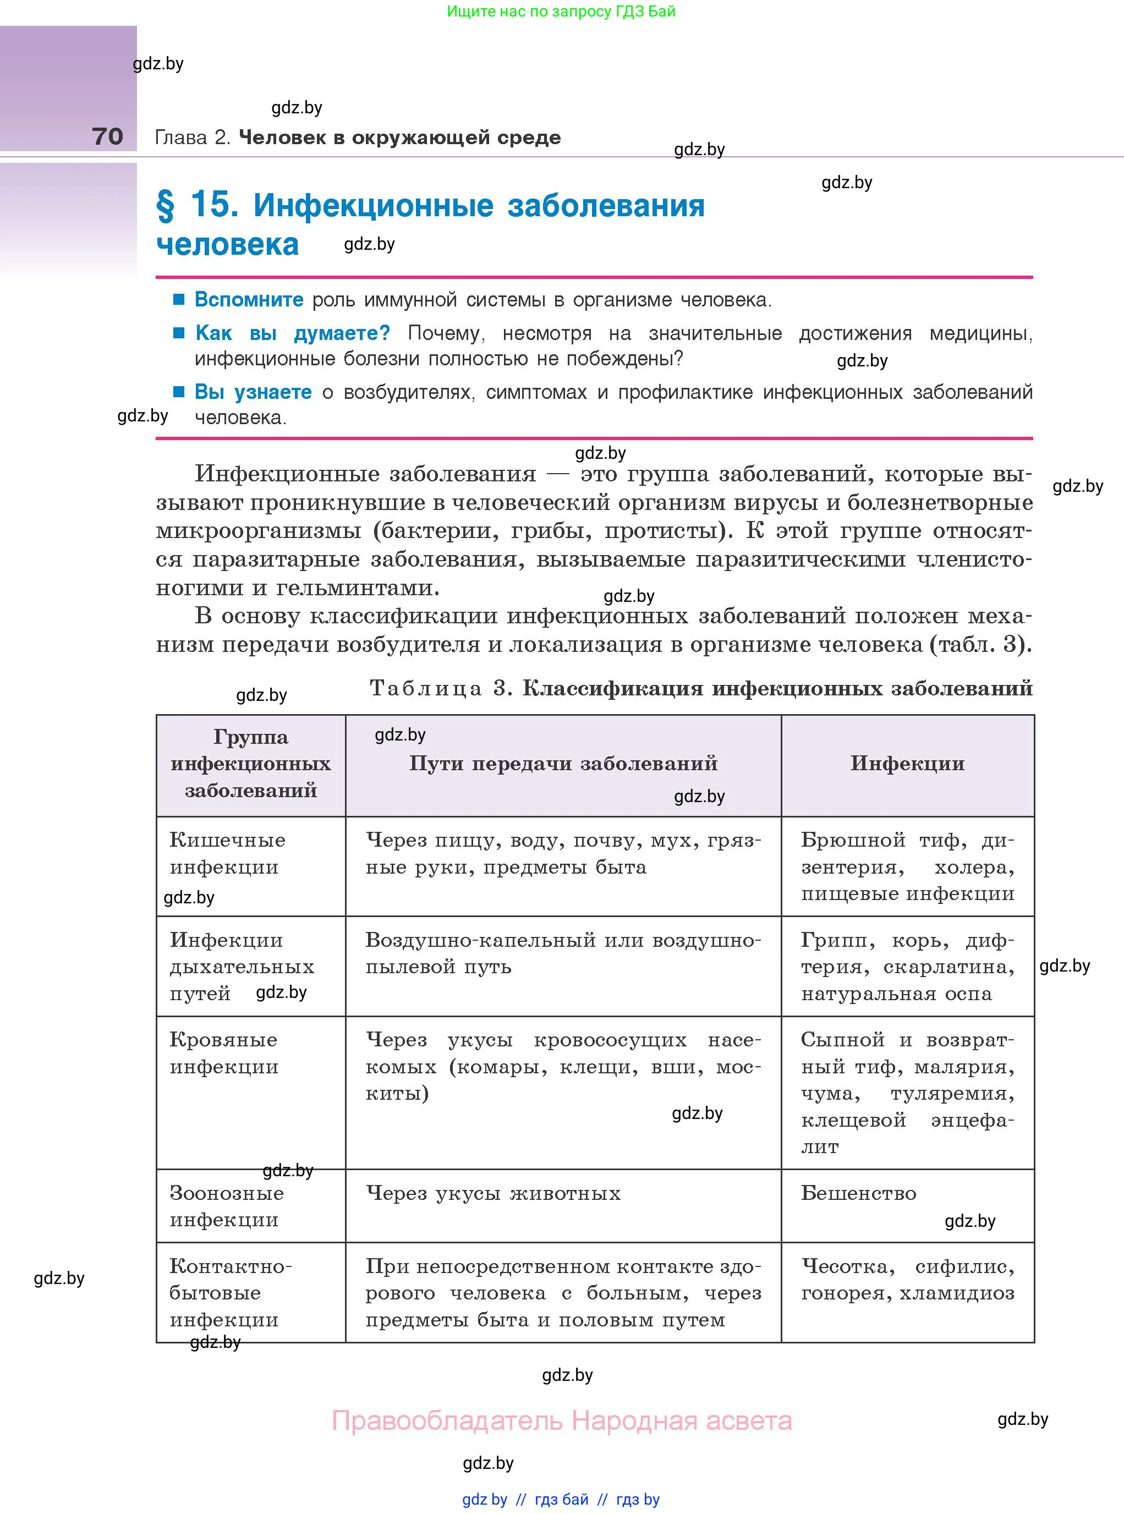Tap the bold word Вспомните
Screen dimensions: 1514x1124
pyautogui.click(x=249, y=299)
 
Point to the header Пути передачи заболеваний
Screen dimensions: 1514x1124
pyautogui.click(x=563, y=764)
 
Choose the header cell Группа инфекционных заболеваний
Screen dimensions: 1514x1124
pyautogui.click(x=250, y=764)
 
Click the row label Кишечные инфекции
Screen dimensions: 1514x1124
pyautogui.click(x=227, y=853)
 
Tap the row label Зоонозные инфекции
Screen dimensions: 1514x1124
pyautogui.click(x=226, y=1206)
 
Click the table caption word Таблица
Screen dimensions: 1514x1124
pyautogui.click(x=426, y=689)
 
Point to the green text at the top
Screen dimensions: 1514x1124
pyautogui.click(x=561, y=12)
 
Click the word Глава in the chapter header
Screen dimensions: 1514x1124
pyautogui.click(x=181, y=138)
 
